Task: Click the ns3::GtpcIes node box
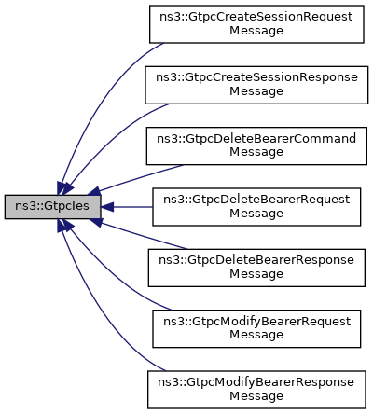point(52,207)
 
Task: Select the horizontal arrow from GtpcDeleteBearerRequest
point(126,207)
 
